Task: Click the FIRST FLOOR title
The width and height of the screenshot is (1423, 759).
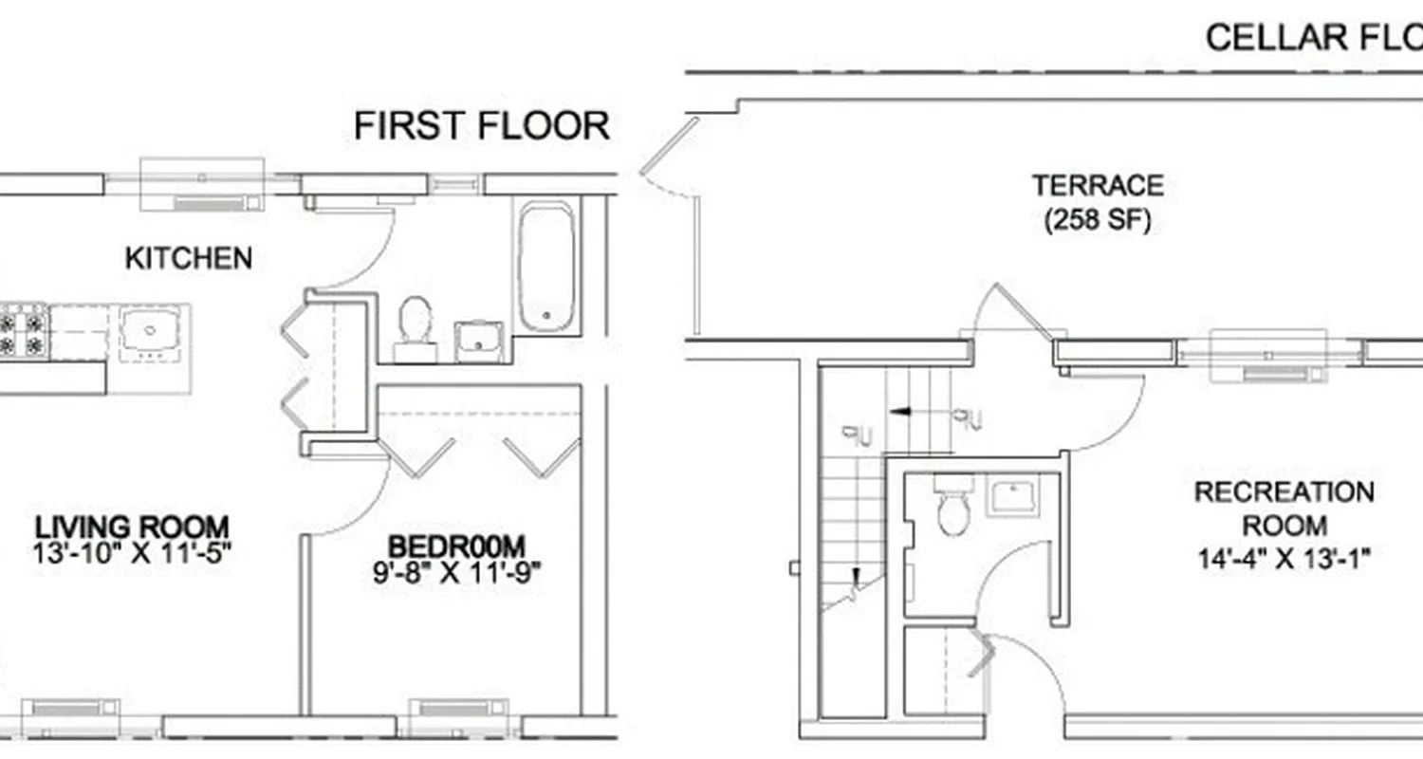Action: pyautogui.click(x=482, y=126)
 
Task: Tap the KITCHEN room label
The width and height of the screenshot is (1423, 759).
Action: pyautogui.click(x=189, y=258)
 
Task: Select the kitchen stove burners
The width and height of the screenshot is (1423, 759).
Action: pyautogui.click(x=24, y=328)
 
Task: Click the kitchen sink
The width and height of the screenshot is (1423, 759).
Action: pyautogui.click(x=152, y=332)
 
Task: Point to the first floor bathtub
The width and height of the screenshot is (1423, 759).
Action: pyautogui.click(x=545, y=267)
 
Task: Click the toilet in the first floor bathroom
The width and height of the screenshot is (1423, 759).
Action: pyautogui.click(x=415, y=323)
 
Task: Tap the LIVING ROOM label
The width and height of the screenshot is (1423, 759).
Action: pyautogui.click(x=132, y=526)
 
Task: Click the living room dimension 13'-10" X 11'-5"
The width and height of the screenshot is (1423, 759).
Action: pyautogui.click(x=132, y=551)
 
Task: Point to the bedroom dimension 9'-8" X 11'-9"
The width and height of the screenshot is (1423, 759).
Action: pyautogui.click(x=456, y=572)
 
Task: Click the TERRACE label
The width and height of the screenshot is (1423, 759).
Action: pyautogui.click(x=1098, y=184)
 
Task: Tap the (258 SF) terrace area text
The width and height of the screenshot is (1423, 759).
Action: pyautogui.click(x=1098, y=220)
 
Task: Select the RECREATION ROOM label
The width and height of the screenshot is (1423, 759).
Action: pyautogui.click(x=1284, y=509)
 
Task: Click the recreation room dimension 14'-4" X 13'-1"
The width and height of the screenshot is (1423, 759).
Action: pyautogui.click(x=1284, y=558)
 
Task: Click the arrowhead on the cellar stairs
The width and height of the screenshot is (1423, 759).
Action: pyautogui.click(x=897, y=412)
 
